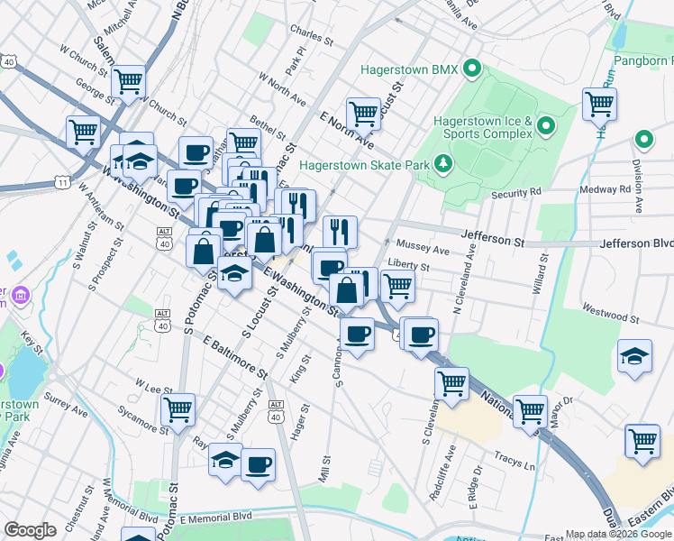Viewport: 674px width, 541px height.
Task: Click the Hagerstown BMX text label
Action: [409, 69]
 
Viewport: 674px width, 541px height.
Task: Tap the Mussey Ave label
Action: [423, 248]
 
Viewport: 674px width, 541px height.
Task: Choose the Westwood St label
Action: [611, 317]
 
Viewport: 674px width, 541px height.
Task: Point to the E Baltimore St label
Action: [236, 357]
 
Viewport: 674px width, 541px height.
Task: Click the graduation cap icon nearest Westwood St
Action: [634, 356]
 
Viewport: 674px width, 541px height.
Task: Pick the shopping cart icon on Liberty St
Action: [397, 286]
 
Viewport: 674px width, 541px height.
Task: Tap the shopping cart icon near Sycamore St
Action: [178, 409]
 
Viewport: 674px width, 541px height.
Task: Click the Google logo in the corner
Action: [30, 530]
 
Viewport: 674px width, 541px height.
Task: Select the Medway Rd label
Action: [612, 189]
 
